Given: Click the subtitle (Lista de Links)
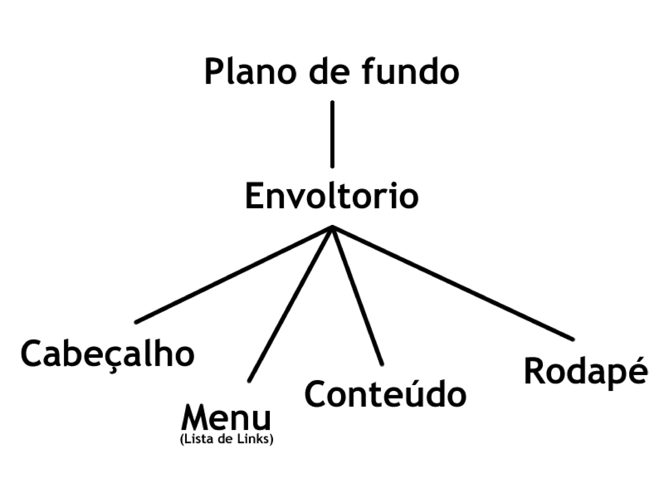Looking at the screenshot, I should point(226,439).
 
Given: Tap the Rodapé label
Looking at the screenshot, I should point(586,372).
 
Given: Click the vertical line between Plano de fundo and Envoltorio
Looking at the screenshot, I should point(332,135).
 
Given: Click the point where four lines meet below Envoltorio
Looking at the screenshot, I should point(332,227).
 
